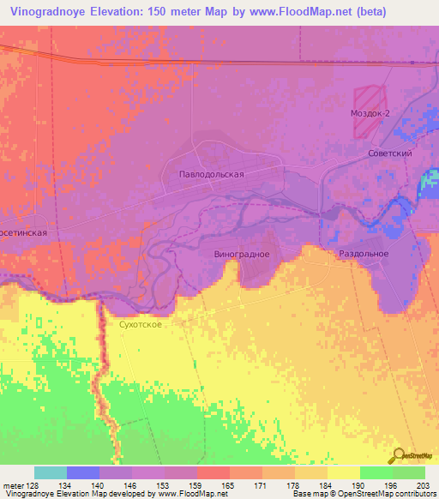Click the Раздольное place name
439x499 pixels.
[364, 254]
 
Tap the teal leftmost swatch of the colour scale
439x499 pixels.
[51, 473]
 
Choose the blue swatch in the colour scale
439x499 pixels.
[83, 473]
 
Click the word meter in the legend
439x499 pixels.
[12, 485]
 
